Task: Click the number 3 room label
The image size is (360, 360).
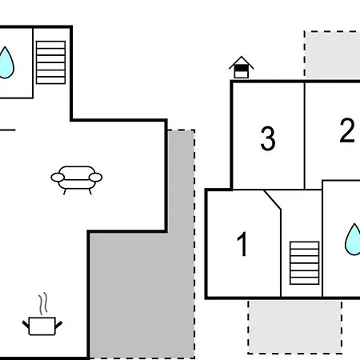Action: (268, 138)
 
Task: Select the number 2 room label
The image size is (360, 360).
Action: (347, 130)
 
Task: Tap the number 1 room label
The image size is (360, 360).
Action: (242, 244)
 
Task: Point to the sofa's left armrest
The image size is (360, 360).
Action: (58, 178)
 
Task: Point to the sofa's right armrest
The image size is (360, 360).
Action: (95, 178)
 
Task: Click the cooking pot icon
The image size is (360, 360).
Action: (42, 326)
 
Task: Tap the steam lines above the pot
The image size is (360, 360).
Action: (43, 303)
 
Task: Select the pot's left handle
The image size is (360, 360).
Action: (26, 324)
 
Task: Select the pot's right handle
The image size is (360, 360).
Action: (58, 324)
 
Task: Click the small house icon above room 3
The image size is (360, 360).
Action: (242, 67)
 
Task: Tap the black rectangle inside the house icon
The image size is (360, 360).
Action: (242, 68)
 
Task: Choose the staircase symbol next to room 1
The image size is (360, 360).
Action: (305, 263)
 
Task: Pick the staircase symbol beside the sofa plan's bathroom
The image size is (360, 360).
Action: (50, 62)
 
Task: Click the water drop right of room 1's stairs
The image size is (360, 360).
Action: (353, 239)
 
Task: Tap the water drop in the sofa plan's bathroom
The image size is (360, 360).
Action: (6, 63)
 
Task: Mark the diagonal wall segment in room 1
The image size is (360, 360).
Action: (273, 200)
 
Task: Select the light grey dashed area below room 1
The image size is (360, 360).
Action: (295, 326)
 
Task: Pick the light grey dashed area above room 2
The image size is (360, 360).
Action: (332, 54)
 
